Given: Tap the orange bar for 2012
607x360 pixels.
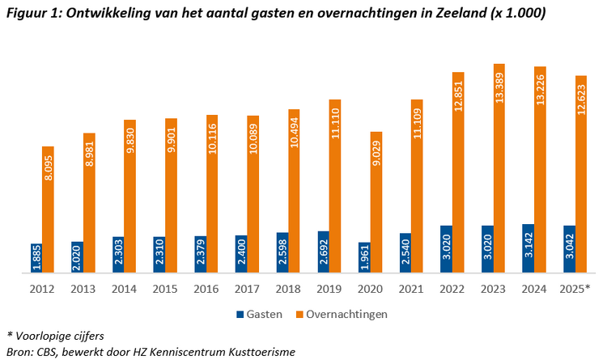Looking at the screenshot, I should coord(49,210).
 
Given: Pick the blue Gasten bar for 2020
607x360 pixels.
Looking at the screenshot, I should coord(364,257).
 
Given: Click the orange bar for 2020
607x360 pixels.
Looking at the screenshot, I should coord(376,202).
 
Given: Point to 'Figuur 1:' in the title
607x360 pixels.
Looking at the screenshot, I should coord(33,14).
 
